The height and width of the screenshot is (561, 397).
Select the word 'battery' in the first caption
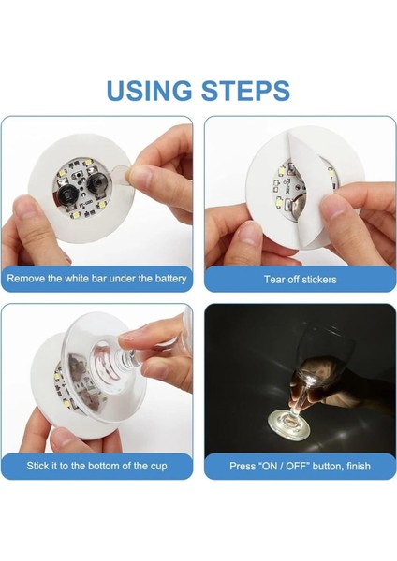[167, 279]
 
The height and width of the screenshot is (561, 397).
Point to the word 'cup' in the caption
[155, 466]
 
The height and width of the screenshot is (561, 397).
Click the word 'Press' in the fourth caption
[245, 466]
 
